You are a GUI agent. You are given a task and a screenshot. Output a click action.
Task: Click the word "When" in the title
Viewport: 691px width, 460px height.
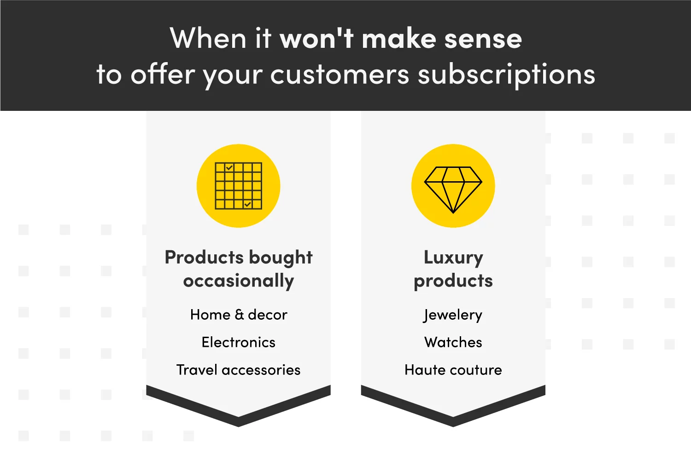click(x=208, y=38)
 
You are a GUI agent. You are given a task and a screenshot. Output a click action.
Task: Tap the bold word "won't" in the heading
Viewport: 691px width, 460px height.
click(x=316, y=38)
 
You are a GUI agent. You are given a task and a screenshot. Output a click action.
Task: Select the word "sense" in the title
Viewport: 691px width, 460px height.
click(x=483, y=40)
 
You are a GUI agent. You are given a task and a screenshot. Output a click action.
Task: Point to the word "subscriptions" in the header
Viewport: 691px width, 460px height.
click(x=507, y=75)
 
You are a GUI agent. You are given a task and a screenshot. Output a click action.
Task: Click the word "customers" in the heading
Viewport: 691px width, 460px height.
click(x=340, y=75)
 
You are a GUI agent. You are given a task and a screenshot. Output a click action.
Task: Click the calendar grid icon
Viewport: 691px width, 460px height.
click(x=239, y=186)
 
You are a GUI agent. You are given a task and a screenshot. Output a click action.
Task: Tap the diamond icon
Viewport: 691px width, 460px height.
click(x=453, y=190)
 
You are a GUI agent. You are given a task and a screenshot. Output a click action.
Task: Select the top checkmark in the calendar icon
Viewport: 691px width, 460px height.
click(x=229, y=167)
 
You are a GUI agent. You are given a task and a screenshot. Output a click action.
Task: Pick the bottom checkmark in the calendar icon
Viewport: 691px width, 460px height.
click(x=247, y=204)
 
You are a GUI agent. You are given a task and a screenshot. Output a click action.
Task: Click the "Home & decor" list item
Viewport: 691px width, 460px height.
click(x=239, y=315)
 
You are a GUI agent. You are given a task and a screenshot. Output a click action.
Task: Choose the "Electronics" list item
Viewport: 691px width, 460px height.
click(x=239, y=342)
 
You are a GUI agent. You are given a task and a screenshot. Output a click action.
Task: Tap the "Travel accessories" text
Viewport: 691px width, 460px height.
click(x=239, y=370)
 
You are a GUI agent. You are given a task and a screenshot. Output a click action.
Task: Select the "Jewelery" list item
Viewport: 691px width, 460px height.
click(x=453, y=315)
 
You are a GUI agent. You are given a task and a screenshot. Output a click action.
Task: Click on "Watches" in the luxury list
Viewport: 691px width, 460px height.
click(x=453, y=342)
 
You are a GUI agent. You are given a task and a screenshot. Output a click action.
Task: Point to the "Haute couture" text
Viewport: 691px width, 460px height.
click(x=453, y=370)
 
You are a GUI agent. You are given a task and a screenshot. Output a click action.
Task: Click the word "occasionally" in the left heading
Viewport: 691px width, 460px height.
click(x=239, y=281)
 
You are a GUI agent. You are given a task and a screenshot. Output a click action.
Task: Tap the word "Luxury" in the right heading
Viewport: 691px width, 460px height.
click(x=453, y=258)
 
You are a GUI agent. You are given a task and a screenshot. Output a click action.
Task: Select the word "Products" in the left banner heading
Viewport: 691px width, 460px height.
click(x=204, y=257)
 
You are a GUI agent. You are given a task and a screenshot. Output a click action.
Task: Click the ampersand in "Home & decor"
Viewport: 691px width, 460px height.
click(x=240, y=315)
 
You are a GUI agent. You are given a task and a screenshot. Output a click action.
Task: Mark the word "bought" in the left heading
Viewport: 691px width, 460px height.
click(x=281, y=258)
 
